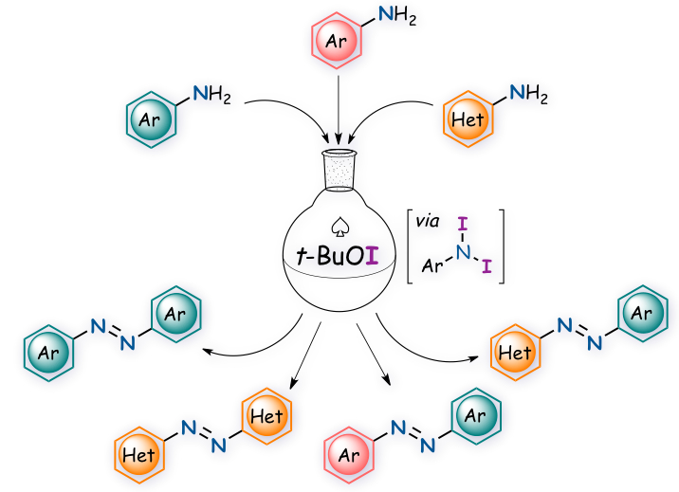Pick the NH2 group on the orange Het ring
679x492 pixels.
(x=529, y=94)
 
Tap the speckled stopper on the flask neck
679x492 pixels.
(x=339, y=171)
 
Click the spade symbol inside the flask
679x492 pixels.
(x=339, y=228)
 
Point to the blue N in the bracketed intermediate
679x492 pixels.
(x=462, y=251)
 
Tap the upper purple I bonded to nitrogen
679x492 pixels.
(x=462, y=225)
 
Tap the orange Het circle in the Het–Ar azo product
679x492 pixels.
(x=515, y=354)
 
